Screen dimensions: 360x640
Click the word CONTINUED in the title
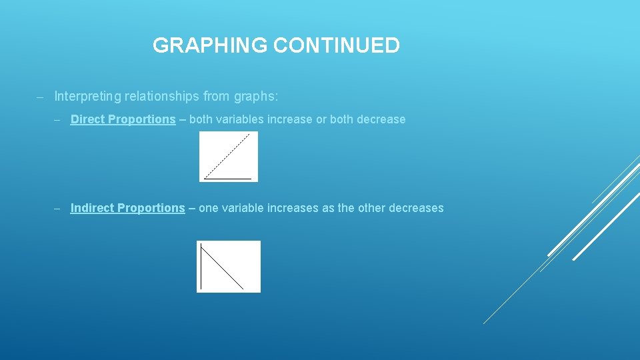point(337,45)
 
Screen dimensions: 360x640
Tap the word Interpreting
point(88,97)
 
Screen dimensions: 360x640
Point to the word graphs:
point(257,97)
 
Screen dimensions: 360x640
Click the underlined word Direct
point(87,119)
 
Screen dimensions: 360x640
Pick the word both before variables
point(193,119)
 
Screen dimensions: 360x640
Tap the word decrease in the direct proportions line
point(381,119)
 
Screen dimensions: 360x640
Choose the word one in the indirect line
point(208,208)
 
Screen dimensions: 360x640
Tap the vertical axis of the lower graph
point(201,267)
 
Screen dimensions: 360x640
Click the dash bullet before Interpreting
point(40,97)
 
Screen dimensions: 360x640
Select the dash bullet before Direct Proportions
point(58,120)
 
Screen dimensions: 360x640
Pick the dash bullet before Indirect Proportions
point(58,209)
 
